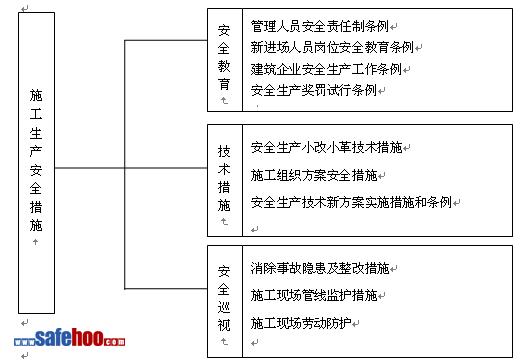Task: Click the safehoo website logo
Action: (x=70, y=338)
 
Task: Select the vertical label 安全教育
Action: (x=224, y=57)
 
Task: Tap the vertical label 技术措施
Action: (x=224, y=178)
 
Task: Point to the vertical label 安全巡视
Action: (x=224, y=299)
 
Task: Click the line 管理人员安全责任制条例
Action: (x=320, y=26)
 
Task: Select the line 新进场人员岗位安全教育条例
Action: (x=332, y=47)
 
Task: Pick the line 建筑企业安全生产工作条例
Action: (x=326, y=69)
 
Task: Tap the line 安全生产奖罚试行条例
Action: (x=314, y=90)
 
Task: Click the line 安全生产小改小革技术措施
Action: (x=326, y=147)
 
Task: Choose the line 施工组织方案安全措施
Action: (x=314, y=175)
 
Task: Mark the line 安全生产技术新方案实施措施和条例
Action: (x=351, y=202)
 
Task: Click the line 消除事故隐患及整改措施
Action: (x=320, y=268)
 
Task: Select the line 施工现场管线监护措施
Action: (x=314, y=295)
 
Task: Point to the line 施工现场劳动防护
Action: (x=301, y=323)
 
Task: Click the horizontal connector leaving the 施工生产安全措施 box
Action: (x=131, y=168)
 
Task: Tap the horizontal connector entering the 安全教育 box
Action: (x=166, y=41)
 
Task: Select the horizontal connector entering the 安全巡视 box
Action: (x=166, y=288)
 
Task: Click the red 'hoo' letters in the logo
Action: (x=87, y=337)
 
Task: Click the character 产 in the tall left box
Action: (x=36, y=151)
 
